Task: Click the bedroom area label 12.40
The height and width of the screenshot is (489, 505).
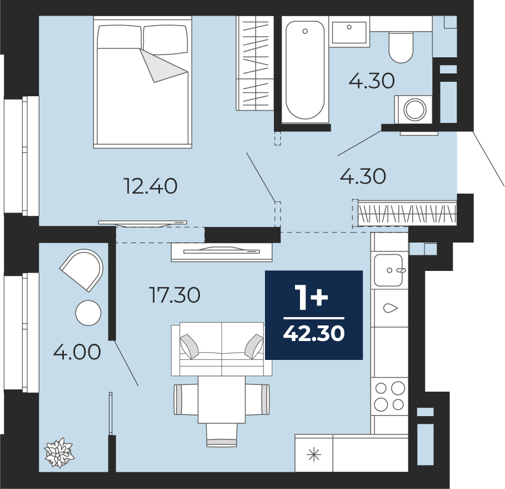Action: pyautogui.click(x=151, y=186)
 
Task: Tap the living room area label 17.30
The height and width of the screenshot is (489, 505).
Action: pyautogui.click(x=175, y=295)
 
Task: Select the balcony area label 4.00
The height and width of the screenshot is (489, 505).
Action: pyautogui.click(x=77, y=352)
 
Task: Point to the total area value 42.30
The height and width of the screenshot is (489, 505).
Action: pyautogui.click(x=314, y=333)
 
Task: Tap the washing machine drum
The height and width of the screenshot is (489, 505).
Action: pyautogui.click(x=415, y=109)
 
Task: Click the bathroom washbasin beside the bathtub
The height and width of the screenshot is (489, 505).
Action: pyautogui.click(x=349, y=32)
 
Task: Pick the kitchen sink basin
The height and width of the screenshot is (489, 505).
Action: pyautogui.click(x=389, y=270)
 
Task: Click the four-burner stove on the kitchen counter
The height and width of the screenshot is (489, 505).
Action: pyautogui.click(x=389, y=396)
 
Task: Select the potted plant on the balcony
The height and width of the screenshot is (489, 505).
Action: pyautogui.click(x=59, y=452)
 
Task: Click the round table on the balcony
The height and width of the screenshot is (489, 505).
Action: pyautogui.click(x=88, y=313)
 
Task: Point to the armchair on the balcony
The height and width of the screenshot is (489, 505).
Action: pyautogui.click(x=82, y=270)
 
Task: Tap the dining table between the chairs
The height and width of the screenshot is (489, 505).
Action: pyautogui.click(x=222, y=399)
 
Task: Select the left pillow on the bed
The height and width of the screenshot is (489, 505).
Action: pyautogui.click(x=119, y=37)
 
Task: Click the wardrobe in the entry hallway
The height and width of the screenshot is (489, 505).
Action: pyautogui.click(x=407, y=214)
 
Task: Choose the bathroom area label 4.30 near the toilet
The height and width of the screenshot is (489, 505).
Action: pyautogui.click(x=372, y=81)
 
